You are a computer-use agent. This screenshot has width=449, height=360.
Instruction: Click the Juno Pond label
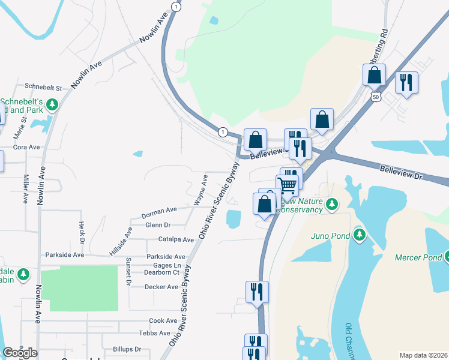tap(330, 236)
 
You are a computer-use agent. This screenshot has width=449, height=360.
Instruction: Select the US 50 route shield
tap(376, 96)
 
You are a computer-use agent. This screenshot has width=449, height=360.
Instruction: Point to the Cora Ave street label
tap(26, 147)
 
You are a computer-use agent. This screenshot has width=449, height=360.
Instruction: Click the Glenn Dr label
tap(158, 225)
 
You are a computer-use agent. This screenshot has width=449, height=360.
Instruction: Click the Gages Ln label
tap(167, 265)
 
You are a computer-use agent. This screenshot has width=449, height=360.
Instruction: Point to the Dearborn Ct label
tap(162, 272)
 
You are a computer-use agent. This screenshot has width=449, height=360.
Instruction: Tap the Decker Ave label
tap(161, 287)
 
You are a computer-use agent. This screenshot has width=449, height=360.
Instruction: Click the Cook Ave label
tap(163, 321)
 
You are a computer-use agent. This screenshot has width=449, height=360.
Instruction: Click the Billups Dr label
tap(127, 349)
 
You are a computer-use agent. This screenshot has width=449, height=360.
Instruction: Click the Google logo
tap(20, 353)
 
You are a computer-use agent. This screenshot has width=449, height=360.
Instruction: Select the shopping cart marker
tap(288, 185)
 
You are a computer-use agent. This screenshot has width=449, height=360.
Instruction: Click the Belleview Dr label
tap(402, 174)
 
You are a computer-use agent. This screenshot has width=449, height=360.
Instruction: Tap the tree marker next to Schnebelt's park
tap(52, 105)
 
